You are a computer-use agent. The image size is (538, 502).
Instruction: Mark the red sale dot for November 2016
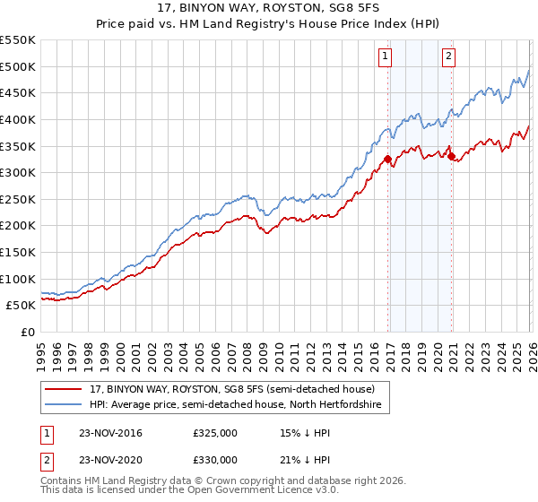387,160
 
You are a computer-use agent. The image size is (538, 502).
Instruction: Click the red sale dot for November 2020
451,157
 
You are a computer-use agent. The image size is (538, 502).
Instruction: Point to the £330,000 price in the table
215,459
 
